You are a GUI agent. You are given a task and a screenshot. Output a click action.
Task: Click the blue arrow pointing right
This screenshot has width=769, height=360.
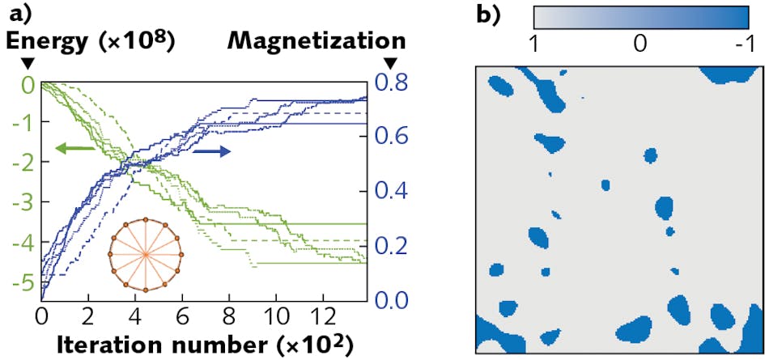(x=212, y=151)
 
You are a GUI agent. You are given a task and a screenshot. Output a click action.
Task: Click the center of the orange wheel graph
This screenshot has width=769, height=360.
(x=145, y=254)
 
